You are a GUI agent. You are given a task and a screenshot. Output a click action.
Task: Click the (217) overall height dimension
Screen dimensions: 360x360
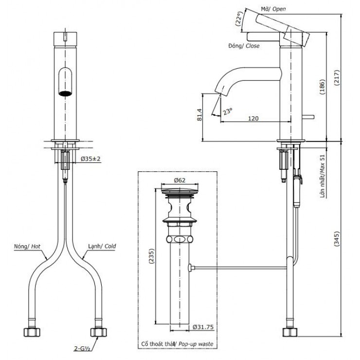tap(336, 76)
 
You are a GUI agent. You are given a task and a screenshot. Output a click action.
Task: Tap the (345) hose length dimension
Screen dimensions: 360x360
tap(336, 237)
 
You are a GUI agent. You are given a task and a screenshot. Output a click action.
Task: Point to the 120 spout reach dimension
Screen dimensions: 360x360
tap(252, 118)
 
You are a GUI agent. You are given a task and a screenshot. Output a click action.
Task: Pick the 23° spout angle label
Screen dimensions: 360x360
tap(227, 110)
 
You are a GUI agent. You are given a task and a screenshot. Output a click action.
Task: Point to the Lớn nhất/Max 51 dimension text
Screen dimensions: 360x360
tap(322, 176)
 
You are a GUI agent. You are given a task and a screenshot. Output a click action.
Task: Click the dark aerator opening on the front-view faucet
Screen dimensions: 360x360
tap(65, 93)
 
